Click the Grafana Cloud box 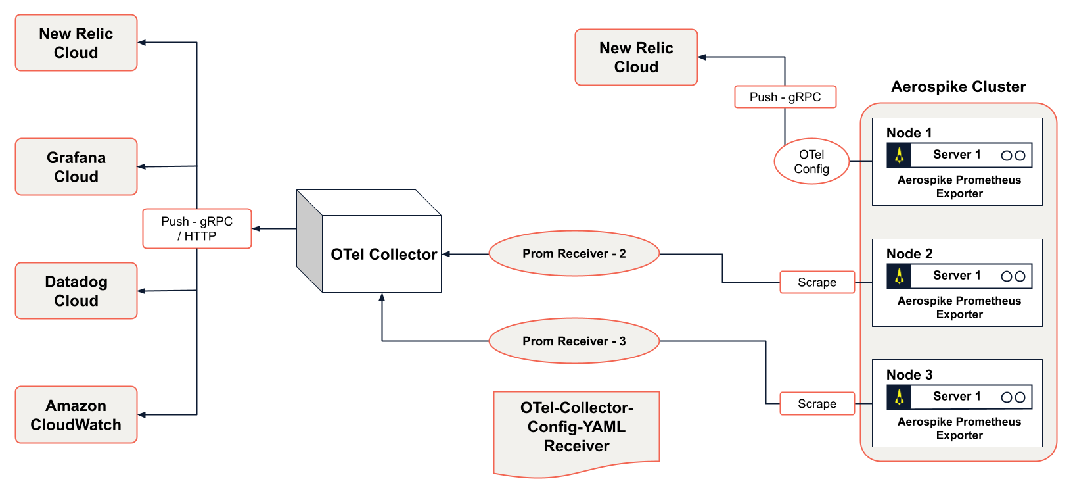76,167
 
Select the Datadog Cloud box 76,291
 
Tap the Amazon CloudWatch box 76,415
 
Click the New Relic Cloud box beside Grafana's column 76,43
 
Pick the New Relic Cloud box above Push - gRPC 636,57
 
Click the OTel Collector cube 381,253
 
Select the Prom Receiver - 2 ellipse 574,253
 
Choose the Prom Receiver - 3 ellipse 574,341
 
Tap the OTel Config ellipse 811,161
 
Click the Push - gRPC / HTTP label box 197,228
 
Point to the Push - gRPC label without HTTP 785,97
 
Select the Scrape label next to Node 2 817,282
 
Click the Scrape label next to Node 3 817,404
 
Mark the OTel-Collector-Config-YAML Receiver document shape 576,428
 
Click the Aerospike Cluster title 958,87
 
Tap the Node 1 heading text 909,133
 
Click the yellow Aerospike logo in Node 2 899,276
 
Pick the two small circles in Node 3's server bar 1013,397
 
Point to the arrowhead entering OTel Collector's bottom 382,297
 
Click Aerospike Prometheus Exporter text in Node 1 959,186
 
